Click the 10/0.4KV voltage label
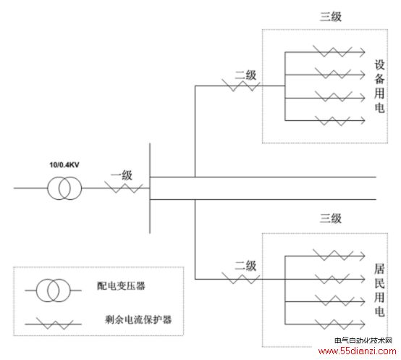pos(64,164)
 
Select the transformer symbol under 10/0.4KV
pos(64,188)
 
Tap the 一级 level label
pos(122,175)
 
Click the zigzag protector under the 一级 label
pos(123,188)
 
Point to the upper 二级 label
pos(245,75)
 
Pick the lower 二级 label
pos(245,266)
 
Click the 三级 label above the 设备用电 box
pos(331,17)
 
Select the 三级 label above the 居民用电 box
pos(331,218)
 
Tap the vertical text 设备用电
pos(379,86)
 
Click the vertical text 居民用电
pos(379,290)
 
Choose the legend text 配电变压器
pos(121,286)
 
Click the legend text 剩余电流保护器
pos(138,319)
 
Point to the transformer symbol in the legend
pos(53,290)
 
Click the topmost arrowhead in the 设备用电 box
pos(363,52)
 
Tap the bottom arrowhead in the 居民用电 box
pos(363,325)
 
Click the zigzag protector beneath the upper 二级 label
pos(240,85)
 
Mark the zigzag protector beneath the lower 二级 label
pos(240,278)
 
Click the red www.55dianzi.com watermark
pos(358,351)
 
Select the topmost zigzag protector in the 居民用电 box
pos(333,255)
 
